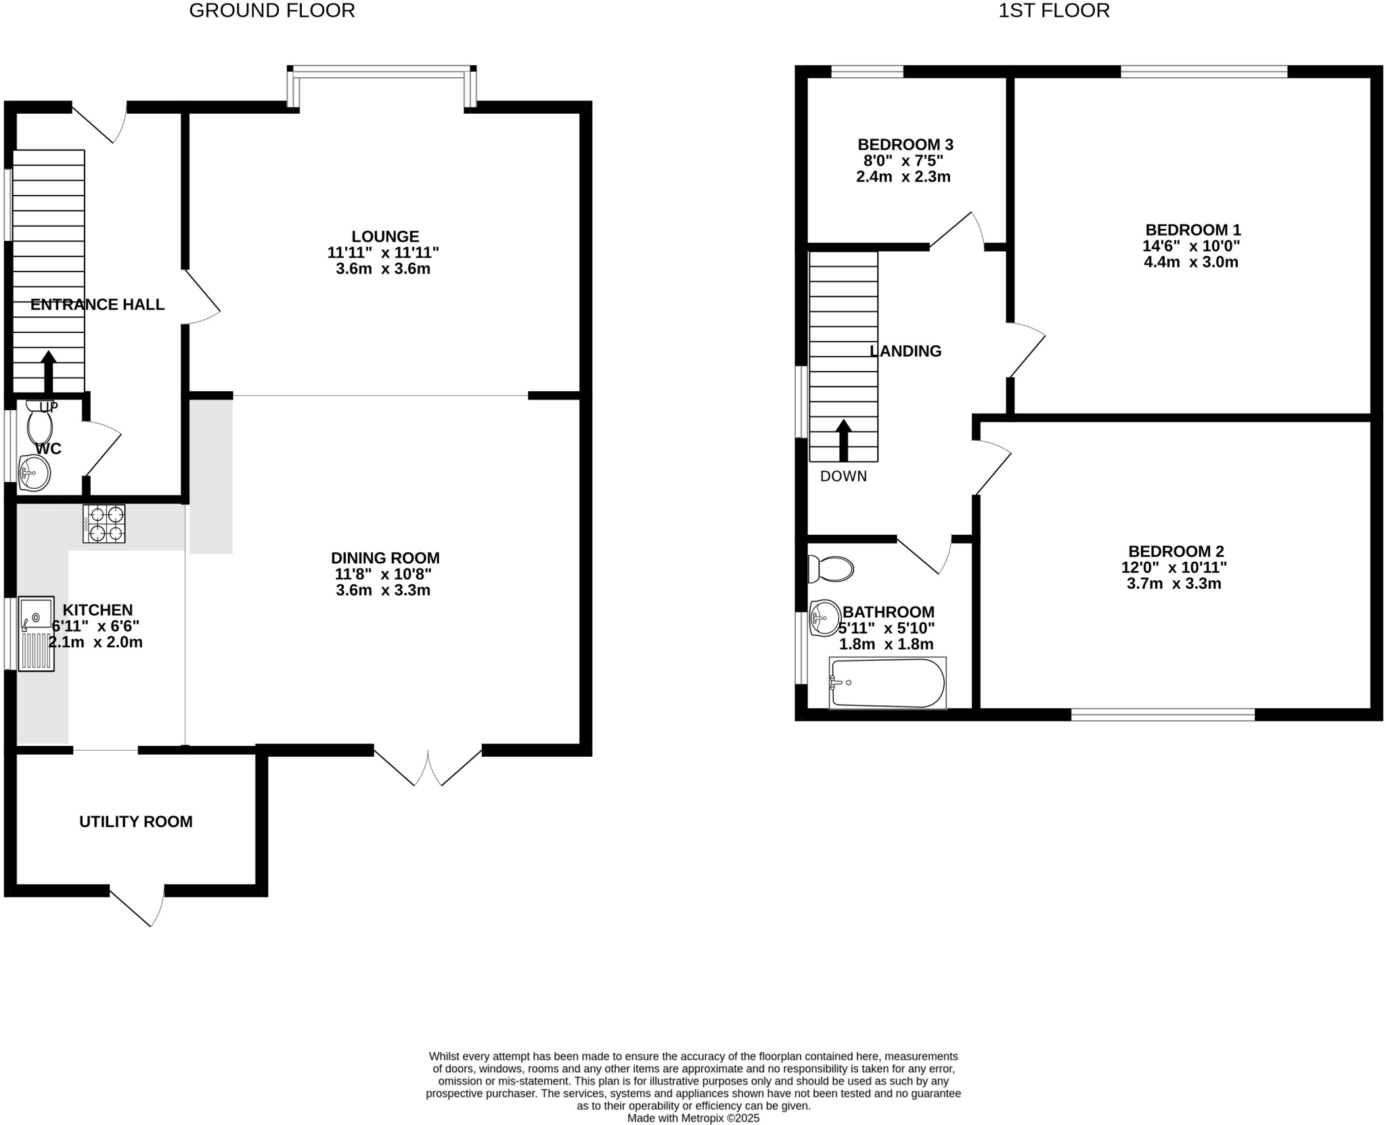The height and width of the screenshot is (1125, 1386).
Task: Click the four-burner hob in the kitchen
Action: click(104, 524)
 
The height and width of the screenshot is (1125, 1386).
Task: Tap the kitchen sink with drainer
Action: click(36, 634)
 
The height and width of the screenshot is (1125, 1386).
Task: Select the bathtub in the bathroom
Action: click(887, 683)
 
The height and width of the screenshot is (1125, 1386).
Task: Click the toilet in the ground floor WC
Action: click(39, 424)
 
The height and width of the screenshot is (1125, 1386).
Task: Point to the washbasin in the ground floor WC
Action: click(34, 472)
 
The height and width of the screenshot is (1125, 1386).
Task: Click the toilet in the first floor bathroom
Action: click(832, 569)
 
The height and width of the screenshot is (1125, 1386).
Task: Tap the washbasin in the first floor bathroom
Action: click(824, 617)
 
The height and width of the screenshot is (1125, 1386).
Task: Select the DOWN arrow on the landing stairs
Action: click(843, 441)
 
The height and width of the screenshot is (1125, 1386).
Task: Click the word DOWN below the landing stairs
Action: click(843, 477)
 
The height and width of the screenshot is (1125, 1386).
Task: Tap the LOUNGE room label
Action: click(385, 236)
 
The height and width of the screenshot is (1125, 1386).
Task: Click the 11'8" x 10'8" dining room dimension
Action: click(383, 574)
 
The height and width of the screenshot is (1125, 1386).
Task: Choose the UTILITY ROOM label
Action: click(136, 822)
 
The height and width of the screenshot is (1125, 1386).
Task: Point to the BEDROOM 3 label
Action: click(905, 144)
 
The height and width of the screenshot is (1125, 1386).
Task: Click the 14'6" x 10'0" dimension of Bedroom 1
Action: click(1191, 246)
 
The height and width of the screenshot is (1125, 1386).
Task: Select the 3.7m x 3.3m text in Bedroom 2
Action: click(1173, 583)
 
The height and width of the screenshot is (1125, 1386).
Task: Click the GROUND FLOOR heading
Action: click(272, 11)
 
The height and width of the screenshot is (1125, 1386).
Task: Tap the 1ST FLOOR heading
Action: click(1054, 11)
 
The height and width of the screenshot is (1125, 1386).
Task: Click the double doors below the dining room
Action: click(428, 767)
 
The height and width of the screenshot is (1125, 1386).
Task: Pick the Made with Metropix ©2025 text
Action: click(693, 1118)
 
